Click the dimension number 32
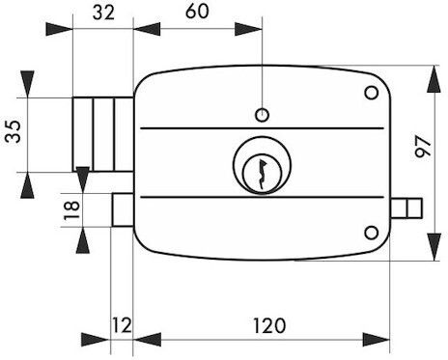tap(103, 13)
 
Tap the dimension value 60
tap(197, 12)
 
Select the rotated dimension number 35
tap(13, 131)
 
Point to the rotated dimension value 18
tap(71, 210)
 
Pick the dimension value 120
tap(269, 325)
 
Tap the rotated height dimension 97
tap(423, 147)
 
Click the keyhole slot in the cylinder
tap(262, 174)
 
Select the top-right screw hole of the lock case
tap(372, 93)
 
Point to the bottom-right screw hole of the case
tap(372, 233)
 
